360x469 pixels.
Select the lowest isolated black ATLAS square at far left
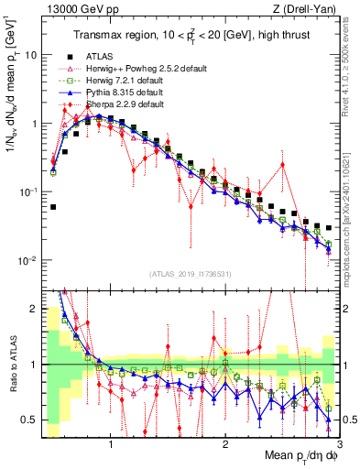coord(53,207)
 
